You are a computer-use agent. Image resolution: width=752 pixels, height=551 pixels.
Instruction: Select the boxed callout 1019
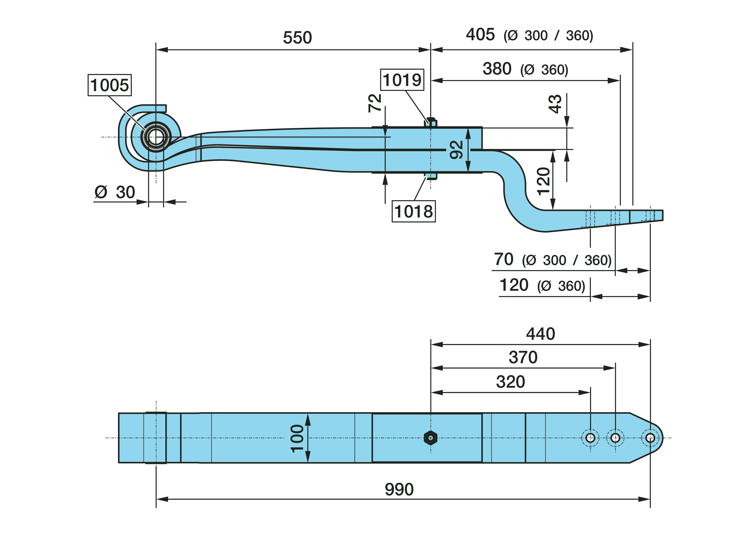[x=402, y=80]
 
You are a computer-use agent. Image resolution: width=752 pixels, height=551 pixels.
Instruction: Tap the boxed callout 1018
[x=413, y=211]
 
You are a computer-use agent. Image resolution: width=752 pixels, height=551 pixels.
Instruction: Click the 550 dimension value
[x=297, y=38]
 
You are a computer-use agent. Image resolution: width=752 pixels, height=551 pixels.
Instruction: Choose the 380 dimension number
[x=497, y=69]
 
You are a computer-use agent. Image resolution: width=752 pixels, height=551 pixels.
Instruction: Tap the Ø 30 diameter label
[x=115, y=192]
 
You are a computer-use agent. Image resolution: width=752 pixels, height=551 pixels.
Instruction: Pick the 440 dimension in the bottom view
[x=540, y=334]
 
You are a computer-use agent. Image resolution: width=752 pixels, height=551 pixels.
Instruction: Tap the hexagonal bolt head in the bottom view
[x=430, y=438]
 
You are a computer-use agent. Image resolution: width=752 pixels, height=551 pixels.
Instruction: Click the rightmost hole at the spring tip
[x=650, y=438]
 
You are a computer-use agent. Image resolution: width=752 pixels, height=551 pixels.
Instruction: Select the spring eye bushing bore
[x=156, y=137]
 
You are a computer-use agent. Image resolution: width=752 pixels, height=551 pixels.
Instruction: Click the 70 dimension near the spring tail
[x=503, y=259]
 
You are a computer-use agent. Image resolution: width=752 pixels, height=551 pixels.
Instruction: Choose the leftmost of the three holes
[x=590, y=438]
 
